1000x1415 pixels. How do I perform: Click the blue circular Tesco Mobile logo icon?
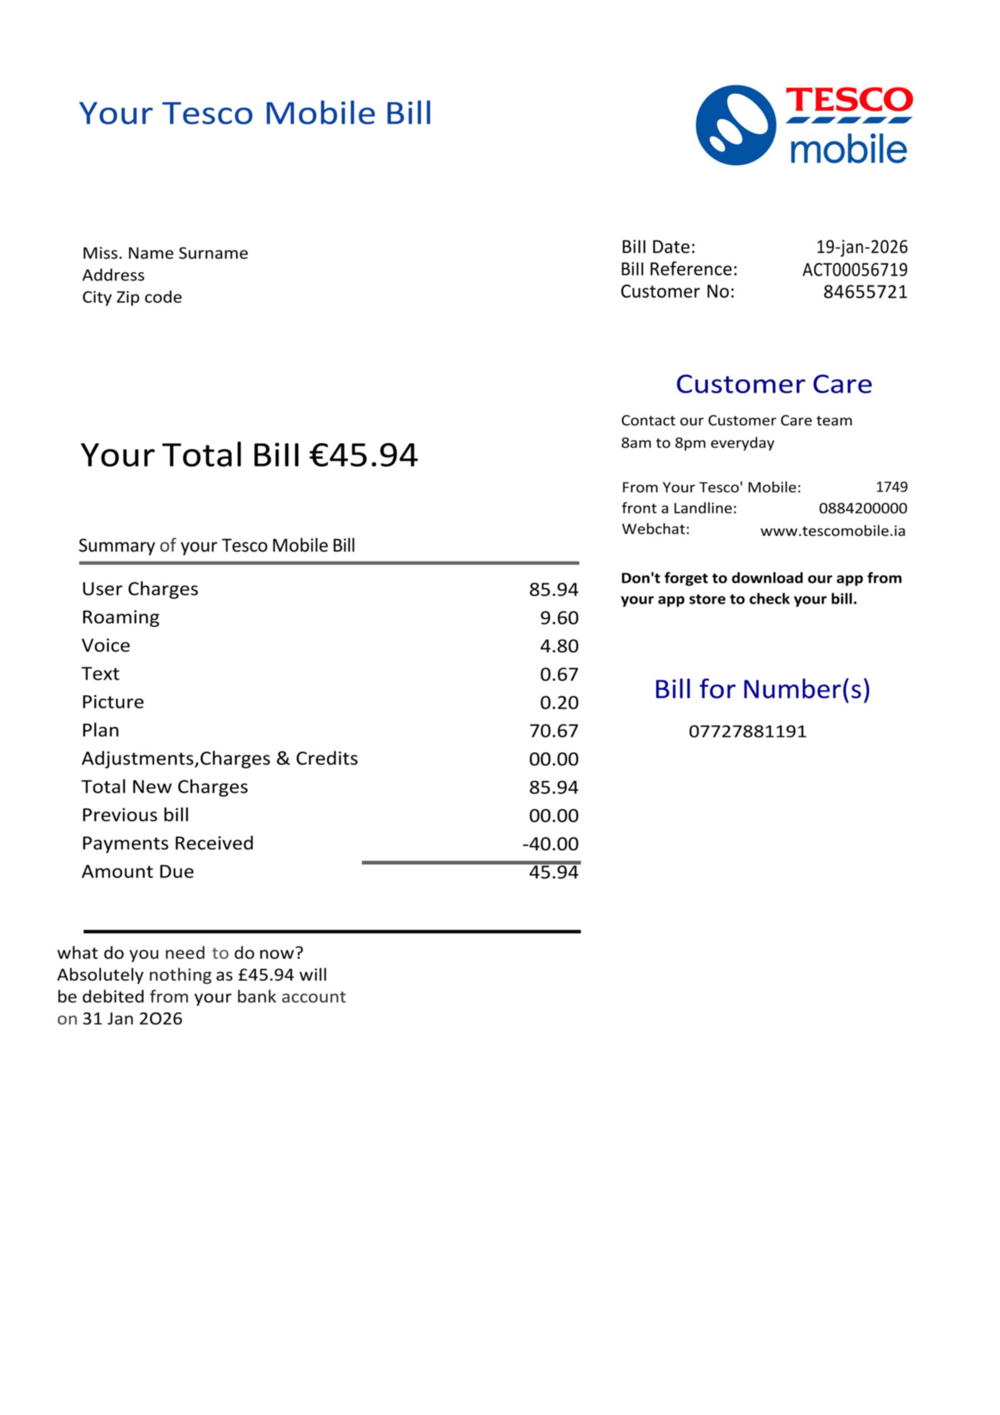[735, 125]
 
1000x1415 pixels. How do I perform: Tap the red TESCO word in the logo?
[848, 101]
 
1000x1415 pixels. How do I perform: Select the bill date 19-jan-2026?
[861, 247]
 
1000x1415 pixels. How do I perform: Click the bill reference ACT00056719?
[854, 269]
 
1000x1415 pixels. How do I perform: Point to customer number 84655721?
[865, 292]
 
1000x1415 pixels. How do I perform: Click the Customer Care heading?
[773, 384]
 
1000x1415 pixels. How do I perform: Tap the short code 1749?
[892, 487]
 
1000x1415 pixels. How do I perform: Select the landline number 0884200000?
[863, 509]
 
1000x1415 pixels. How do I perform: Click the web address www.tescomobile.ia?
[832, 531]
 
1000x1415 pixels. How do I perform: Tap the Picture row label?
[113, 702]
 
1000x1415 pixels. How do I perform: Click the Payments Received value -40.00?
[550, 844]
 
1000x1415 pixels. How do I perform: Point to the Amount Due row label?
[137, 871]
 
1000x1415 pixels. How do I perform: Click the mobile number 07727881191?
[747, 731]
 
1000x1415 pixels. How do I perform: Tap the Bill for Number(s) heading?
[762, 689]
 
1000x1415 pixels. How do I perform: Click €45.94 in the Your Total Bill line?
[363, 455]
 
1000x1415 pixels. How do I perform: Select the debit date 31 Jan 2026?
[132, 1018]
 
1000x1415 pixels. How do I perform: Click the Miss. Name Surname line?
[165, 253]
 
